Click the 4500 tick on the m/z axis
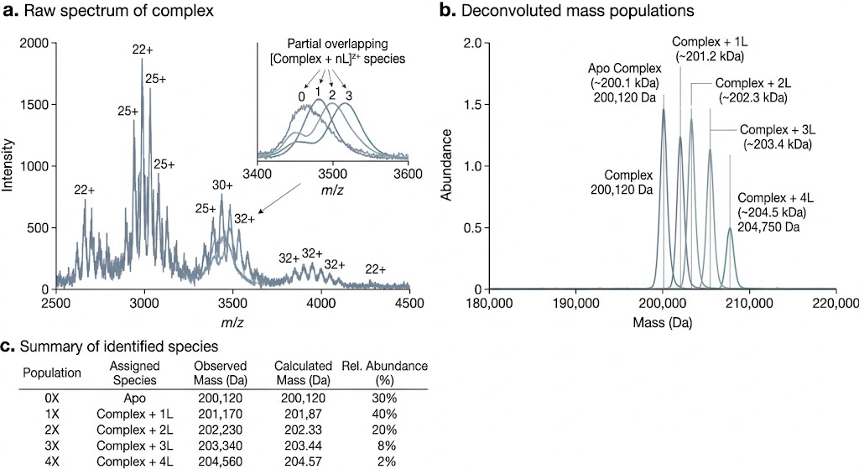pyautogui.click(x=409, y=303)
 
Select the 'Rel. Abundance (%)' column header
pyautogui.click(x=385, y=373)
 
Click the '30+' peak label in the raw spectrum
pyautogui.click(x=222, y=185)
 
